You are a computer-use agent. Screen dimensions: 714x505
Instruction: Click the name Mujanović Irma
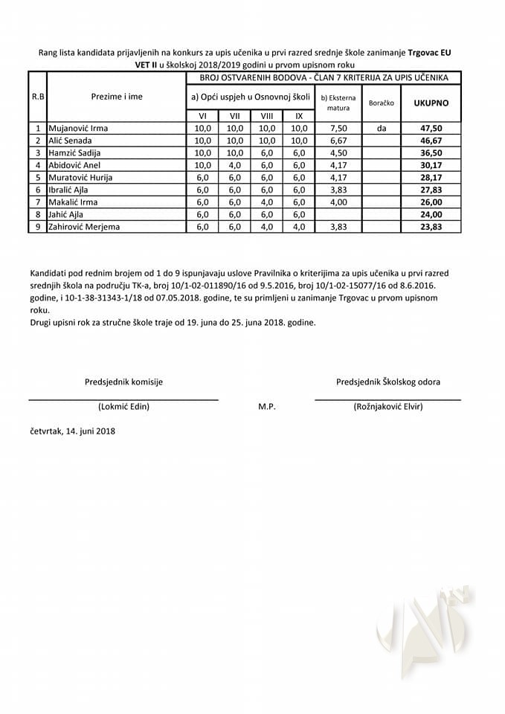pos(78,128)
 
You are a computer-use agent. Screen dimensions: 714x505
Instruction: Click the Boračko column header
pos(381,103)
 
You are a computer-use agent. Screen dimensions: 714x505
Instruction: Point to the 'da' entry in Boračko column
pos(381,128)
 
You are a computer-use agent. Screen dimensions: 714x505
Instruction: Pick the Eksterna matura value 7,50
pos(338,128)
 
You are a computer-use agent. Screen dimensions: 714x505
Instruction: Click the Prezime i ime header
pos(117,97)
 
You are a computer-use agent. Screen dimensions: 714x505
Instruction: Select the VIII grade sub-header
pos(266,115)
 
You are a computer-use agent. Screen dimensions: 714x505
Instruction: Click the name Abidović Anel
pos(74,164)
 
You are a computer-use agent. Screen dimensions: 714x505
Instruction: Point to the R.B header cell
pos(37,97)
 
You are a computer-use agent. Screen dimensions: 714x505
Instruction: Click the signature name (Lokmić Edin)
pos(123,406)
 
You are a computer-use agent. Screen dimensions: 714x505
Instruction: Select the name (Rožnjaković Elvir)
pos(387,406)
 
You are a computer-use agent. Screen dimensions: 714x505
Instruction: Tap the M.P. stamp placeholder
pos(267,406)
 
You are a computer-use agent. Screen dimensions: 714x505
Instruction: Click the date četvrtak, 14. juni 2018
pos(72,431)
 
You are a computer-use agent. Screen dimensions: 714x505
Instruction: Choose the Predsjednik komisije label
pos(123,382)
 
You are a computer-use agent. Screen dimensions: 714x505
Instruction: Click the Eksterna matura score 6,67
pos(338,140)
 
